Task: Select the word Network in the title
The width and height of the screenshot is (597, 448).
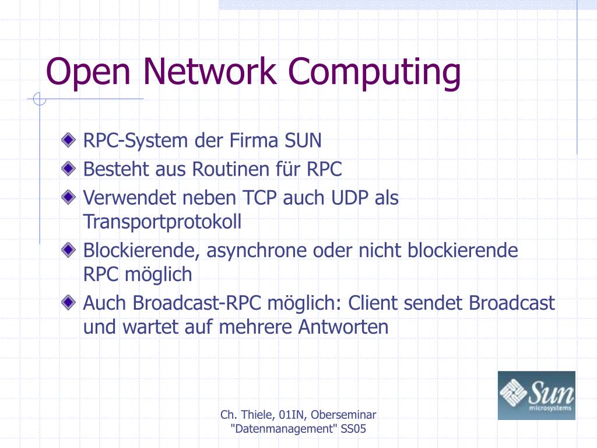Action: [x=208, y=71]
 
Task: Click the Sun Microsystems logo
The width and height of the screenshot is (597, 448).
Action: [x=536, y=395]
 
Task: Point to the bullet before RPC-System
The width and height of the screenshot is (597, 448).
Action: [x=70, y=140]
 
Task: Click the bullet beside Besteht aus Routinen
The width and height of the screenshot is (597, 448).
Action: [x=70, y=169]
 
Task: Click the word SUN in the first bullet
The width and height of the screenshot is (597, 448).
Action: [x=303, y=141]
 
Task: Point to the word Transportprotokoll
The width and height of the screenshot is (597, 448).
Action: [x=162, y=222]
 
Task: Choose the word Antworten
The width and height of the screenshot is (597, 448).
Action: [x=343, y=327]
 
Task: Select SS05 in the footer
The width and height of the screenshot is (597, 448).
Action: [x=353, y=430]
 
